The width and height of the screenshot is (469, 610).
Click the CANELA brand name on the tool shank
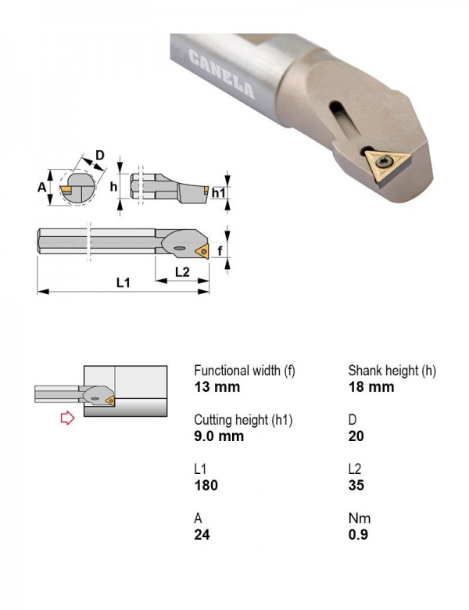click(x=222, y=74)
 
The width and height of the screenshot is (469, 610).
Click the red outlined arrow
click(x=68, y=418)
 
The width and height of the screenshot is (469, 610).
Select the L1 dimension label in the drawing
click(x=124, y=282)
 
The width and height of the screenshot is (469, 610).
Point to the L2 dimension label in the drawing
click(x=182, y=271)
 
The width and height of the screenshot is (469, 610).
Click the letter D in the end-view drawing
click(x=100, y=155)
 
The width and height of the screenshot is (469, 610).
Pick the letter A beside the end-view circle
click(x=41, y=187)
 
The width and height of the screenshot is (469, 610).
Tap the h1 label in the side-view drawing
click(x=219, y=192)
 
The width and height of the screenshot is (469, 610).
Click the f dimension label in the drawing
click(x=220, y=251)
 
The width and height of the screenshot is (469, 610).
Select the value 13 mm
click(x=217, y=386)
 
